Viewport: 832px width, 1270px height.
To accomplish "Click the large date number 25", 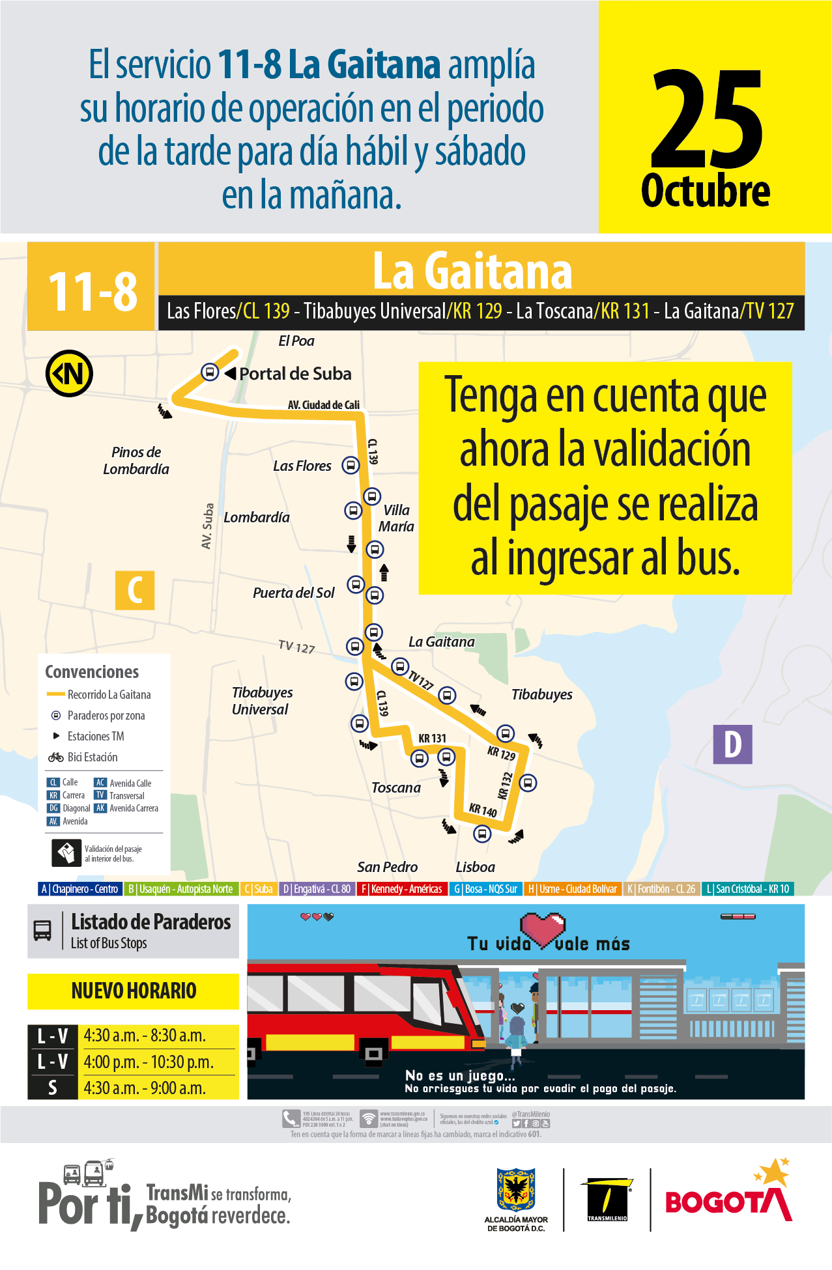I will pos(706,120).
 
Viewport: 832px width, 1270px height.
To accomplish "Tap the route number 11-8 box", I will pos(92,290).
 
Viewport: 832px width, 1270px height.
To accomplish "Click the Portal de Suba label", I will pos(295,374).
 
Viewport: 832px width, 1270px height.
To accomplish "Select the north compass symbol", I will pos(69,374).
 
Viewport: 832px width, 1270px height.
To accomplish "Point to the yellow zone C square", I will pos(135,590).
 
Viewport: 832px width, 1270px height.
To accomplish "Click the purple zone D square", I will pos(733,744).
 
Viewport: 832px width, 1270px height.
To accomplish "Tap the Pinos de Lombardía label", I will pos(136,460).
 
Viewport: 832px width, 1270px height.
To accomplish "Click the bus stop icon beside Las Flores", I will pos(351,466).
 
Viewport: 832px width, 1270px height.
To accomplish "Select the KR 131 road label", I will pos(432,738).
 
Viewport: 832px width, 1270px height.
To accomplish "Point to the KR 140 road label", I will pos(483,810).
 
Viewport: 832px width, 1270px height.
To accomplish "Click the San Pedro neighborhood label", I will pos(387,867).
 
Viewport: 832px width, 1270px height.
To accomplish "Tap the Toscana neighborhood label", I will pos(396,787).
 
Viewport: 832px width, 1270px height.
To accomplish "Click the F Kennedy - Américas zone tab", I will pos(402,889).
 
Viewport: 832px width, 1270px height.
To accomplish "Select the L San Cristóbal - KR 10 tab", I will pos(747,889).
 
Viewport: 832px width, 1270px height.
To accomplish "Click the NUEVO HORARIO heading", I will pos(134,991).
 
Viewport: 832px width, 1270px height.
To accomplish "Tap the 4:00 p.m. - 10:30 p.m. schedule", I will pos(149,1062).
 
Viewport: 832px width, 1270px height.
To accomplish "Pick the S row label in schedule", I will pos(53,1088).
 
